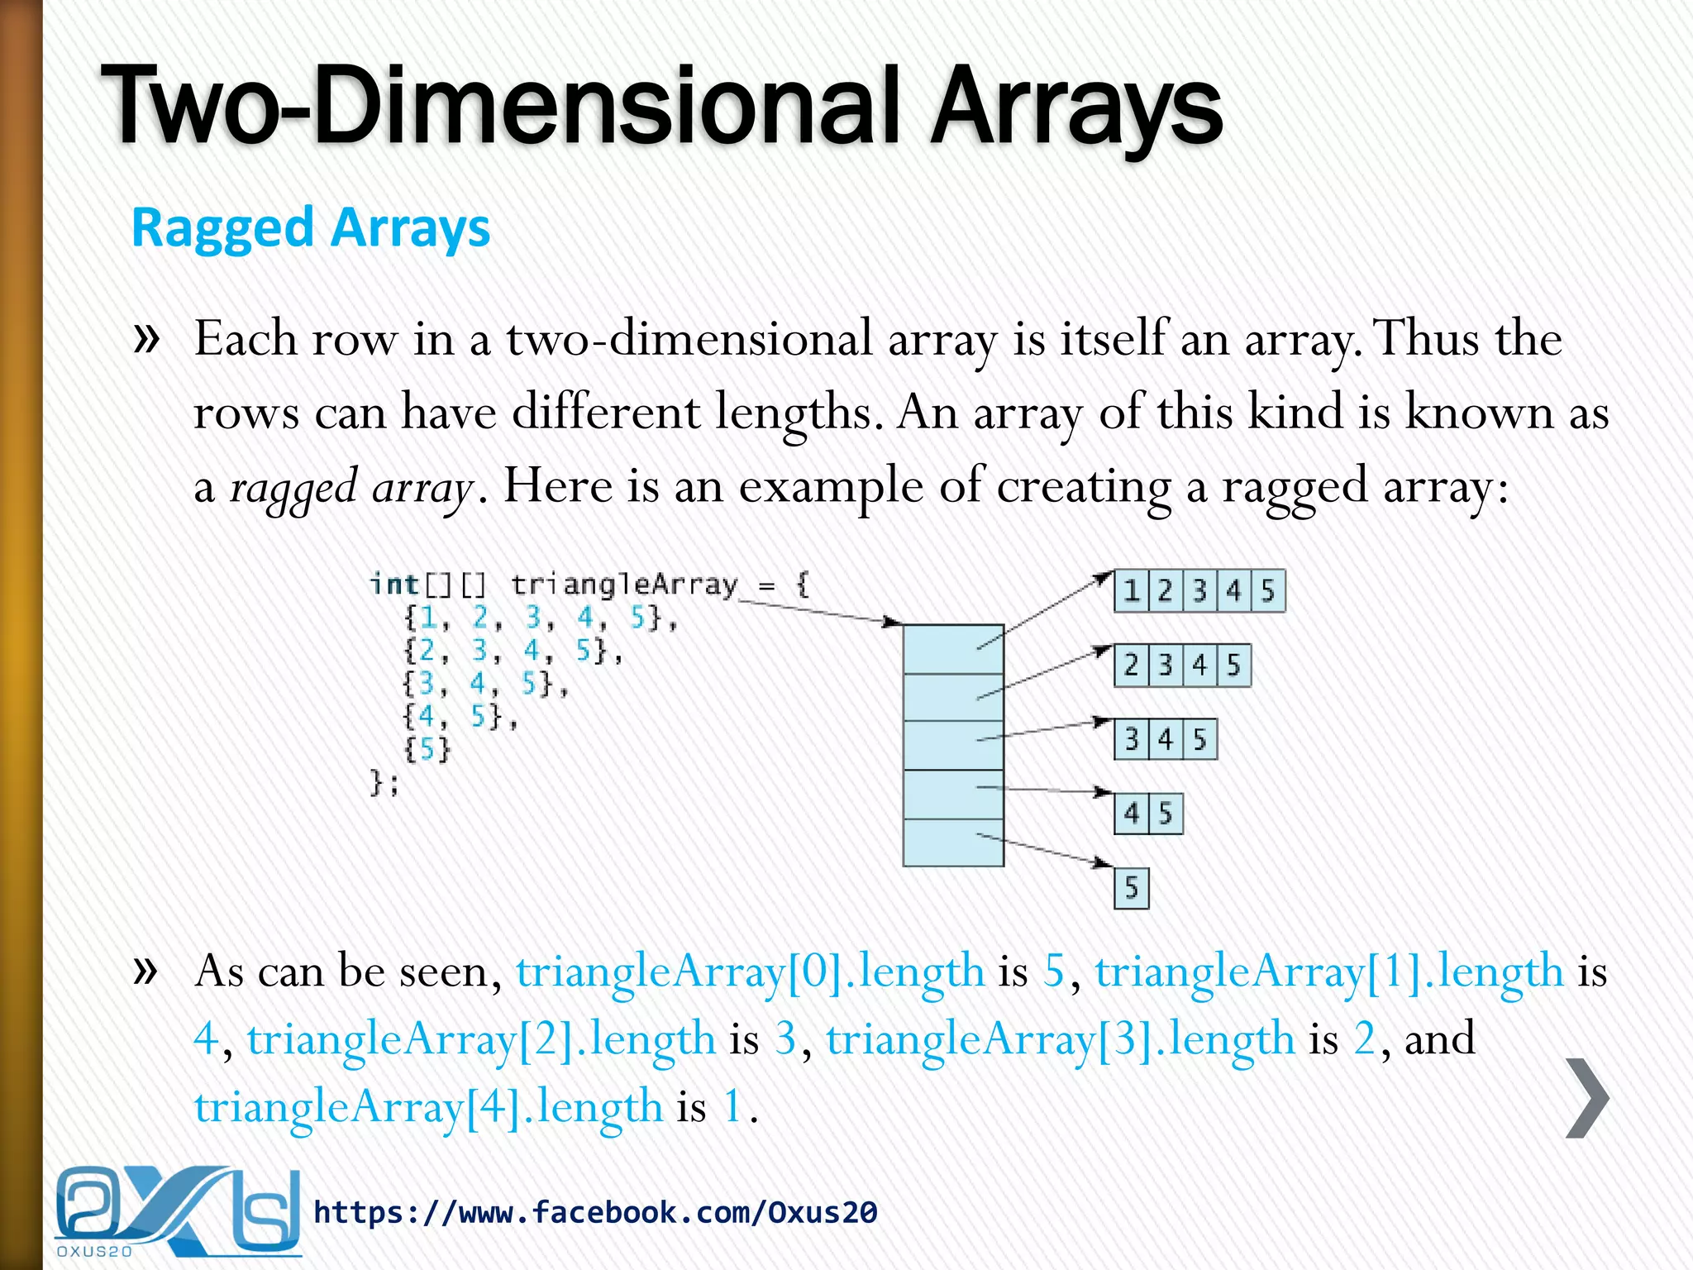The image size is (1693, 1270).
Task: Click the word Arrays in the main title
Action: point(1075,107)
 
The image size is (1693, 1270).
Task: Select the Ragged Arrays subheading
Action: point(311,227)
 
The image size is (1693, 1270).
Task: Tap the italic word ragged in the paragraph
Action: point(293,487)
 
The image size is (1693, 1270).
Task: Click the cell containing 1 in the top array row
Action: point(1132,591)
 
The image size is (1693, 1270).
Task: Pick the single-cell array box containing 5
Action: point(1132,888)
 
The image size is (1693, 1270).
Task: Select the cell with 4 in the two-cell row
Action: point(1132,814)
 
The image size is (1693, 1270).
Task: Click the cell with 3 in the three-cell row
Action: point(1132,739)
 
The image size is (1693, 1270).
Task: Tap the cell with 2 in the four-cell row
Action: point(1132,665)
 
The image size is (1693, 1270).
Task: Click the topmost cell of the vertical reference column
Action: point(953,650)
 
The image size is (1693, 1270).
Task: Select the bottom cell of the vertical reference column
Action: point(953,843)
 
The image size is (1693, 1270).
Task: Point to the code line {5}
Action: point(427,750)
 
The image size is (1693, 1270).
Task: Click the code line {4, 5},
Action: point(460,716)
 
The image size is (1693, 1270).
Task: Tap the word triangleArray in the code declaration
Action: point(624,585)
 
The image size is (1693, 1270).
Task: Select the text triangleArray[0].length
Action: point(750,971)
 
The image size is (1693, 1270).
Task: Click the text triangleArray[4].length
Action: point(428,1106)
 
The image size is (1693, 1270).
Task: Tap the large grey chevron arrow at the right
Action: point(1587,1098)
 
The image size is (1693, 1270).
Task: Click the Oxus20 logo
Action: point(176,1212)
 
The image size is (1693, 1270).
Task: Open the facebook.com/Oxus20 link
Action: point(595,1213)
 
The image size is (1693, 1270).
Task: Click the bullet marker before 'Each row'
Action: point(145,338)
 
